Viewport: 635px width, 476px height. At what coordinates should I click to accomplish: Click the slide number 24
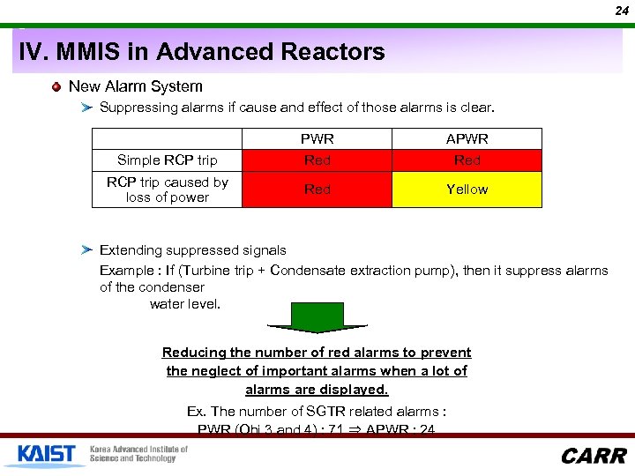point(622,11)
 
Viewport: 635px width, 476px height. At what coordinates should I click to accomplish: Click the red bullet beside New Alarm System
point(57,86)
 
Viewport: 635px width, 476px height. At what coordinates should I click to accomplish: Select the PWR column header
point(317,139)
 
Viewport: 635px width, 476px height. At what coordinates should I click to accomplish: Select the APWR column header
point(467,139)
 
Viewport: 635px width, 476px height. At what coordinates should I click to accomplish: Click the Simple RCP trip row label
point(168,160)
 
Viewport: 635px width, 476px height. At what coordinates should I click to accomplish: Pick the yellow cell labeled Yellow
point(467,190)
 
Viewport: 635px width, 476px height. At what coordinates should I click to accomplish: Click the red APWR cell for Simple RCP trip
point(467,160)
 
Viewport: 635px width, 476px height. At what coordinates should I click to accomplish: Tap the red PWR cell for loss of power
point(317,190)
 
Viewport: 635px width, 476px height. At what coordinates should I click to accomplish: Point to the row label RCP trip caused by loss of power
point(168,190)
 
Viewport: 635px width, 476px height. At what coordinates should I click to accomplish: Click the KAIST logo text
point(46,454)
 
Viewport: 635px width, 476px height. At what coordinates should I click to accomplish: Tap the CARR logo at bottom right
point(594,456)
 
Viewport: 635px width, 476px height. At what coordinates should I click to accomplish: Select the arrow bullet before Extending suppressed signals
point(86,250)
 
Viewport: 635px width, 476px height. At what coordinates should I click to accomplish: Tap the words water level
point(185,304)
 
